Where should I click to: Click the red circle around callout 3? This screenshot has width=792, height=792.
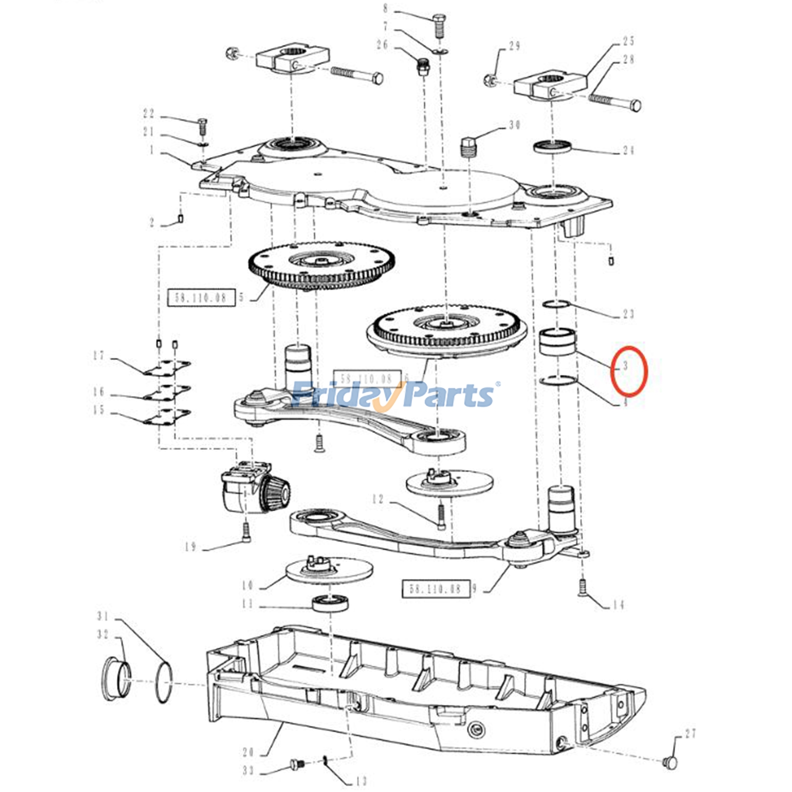[629, 371]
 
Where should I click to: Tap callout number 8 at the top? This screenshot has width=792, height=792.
[386, 8]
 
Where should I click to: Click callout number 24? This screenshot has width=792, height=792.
[628, 149]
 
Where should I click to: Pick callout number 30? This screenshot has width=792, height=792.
[515, 125]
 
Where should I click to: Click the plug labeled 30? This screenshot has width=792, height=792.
[468, 146]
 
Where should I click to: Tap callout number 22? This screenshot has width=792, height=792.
[148, 113]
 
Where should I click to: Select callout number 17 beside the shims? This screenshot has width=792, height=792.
[99, 355]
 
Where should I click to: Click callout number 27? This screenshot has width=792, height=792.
[691, 733]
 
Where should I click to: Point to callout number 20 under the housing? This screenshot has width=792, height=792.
[248, 752]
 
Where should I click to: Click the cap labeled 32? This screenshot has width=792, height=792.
[116, 678]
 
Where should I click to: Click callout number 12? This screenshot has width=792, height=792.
[378, 499]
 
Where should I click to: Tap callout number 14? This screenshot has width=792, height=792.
[618, 604]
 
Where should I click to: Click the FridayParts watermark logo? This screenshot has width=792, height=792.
[394, 395]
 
